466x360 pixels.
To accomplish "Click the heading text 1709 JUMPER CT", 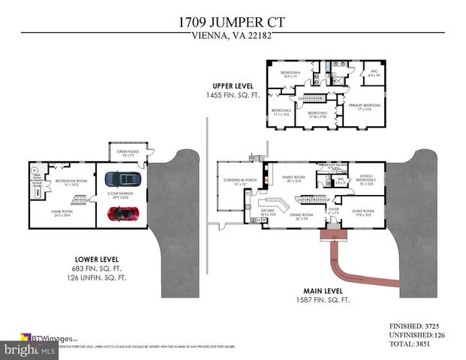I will (233, 22).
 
